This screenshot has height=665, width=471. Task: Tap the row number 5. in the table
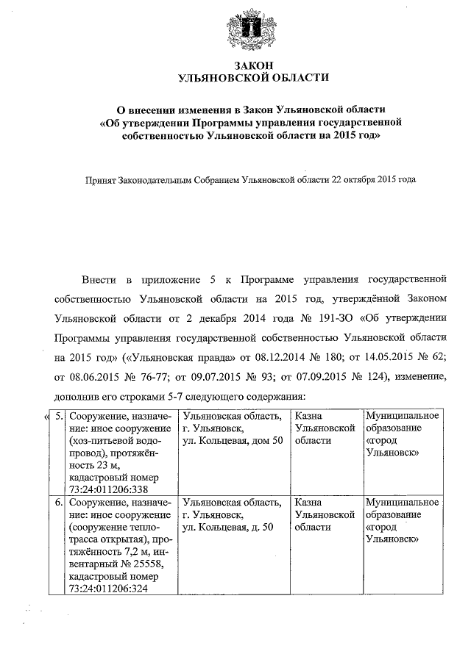pos(59,417)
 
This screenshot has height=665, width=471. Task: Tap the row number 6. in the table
pos(59,503)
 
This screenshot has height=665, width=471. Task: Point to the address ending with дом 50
pos(233,440)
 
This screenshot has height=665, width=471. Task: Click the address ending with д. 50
pos(228,528)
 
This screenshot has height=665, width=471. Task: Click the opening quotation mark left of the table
pos(48,417)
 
